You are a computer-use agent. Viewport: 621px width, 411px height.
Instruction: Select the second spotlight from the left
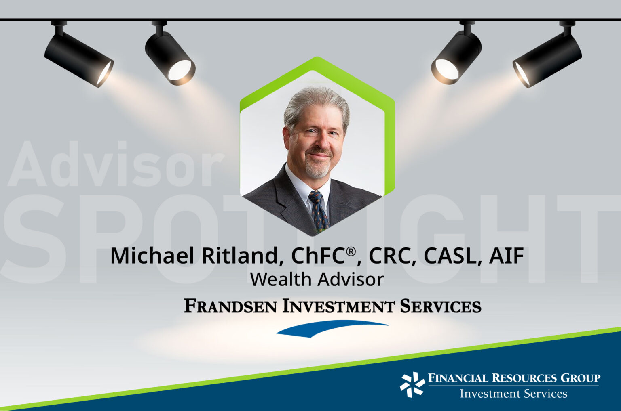point(170,57)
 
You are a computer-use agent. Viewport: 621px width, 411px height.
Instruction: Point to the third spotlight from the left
point(457,57)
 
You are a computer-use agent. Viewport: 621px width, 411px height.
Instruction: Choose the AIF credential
point(507,256)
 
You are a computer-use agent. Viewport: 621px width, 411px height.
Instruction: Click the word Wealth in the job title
point(281,279)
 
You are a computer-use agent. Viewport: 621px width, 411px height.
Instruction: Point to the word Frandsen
point(230,306)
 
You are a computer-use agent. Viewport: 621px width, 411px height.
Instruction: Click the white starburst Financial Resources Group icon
point(412,384)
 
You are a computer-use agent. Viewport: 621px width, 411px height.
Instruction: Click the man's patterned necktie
point(319,210)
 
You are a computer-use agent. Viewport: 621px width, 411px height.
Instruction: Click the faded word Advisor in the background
point(115,165)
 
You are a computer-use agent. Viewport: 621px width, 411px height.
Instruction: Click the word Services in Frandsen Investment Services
point(440,306)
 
